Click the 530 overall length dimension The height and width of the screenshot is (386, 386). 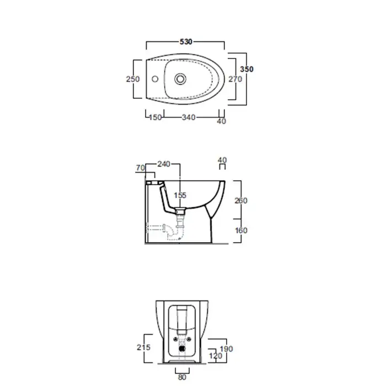point(186,42)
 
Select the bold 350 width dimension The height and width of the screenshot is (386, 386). point(246,69)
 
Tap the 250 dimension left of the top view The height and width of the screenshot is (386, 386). point(133,79)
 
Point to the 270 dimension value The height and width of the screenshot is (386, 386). point(235,79)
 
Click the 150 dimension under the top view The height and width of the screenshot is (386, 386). point(156,117)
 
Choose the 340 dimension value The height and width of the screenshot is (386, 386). point(189,117)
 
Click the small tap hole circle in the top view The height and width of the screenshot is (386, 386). point(155,79)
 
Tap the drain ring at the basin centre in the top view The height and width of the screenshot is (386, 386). point(180,79)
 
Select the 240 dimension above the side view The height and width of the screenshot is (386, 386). point(164,164)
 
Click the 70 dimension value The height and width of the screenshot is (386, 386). point(140,168)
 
